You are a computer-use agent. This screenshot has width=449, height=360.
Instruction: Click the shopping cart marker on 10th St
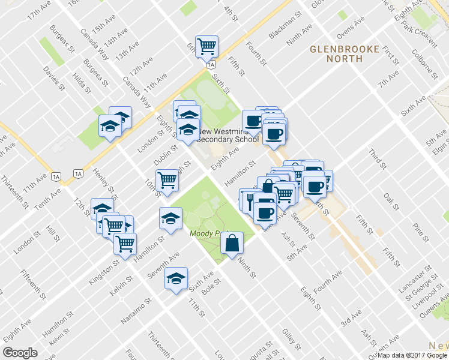pos(167,179)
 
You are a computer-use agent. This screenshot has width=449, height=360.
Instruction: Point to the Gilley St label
pos(291,338)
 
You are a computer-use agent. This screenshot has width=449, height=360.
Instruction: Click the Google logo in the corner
pos(20,352)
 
